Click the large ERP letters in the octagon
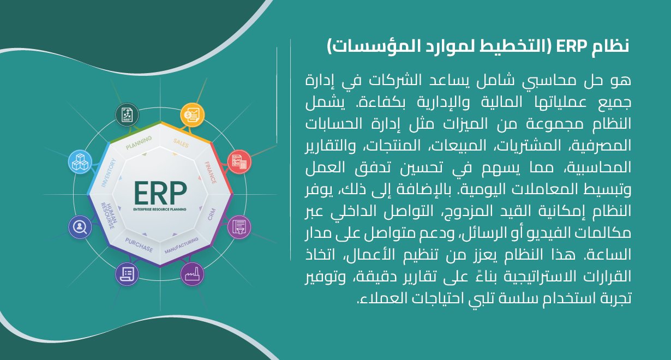point(160,193)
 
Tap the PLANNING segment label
point(139,142)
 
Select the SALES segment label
point(181,143)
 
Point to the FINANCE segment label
point(210,172)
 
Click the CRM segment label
point(212,214)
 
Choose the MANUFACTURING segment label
point(182,245)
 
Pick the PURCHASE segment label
point(139,245)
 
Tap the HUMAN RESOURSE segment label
point(108,215)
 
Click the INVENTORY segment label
point(108,173)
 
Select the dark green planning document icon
point(127,115)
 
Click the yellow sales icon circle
point(193,115)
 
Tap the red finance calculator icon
point(239,162)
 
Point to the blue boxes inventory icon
point(80,162)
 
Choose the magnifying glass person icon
point(80,227)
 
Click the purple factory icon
point(193,274)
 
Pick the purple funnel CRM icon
point(239,227)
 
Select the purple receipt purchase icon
point(127,274)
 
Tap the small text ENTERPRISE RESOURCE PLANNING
point(160,209)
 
